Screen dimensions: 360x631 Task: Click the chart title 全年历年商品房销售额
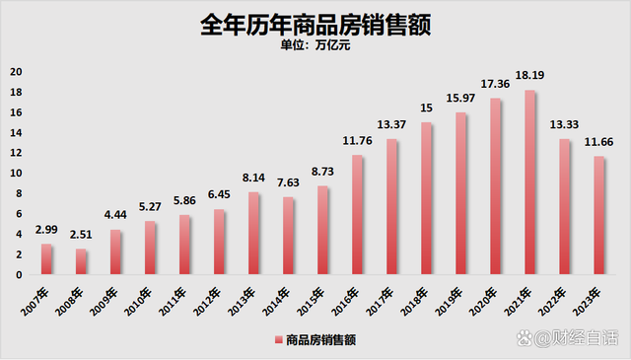coord(315,22)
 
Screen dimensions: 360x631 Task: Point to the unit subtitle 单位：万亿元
coord(315,44)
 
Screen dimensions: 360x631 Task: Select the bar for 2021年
coord(529,182)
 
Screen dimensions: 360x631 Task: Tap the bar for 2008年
coord(81,261)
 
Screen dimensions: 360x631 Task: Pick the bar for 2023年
coord(598,215)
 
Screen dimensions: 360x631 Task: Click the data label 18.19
coord(529,75)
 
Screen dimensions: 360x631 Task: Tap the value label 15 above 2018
coord(426,108)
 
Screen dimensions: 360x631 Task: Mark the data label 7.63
coord(288,183)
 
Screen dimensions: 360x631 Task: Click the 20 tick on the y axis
coord(15,72)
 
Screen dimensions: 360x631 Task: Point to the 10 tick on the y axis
coord(15,173)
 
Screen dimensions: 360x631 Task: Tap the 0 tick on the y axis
coord(17,274)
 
